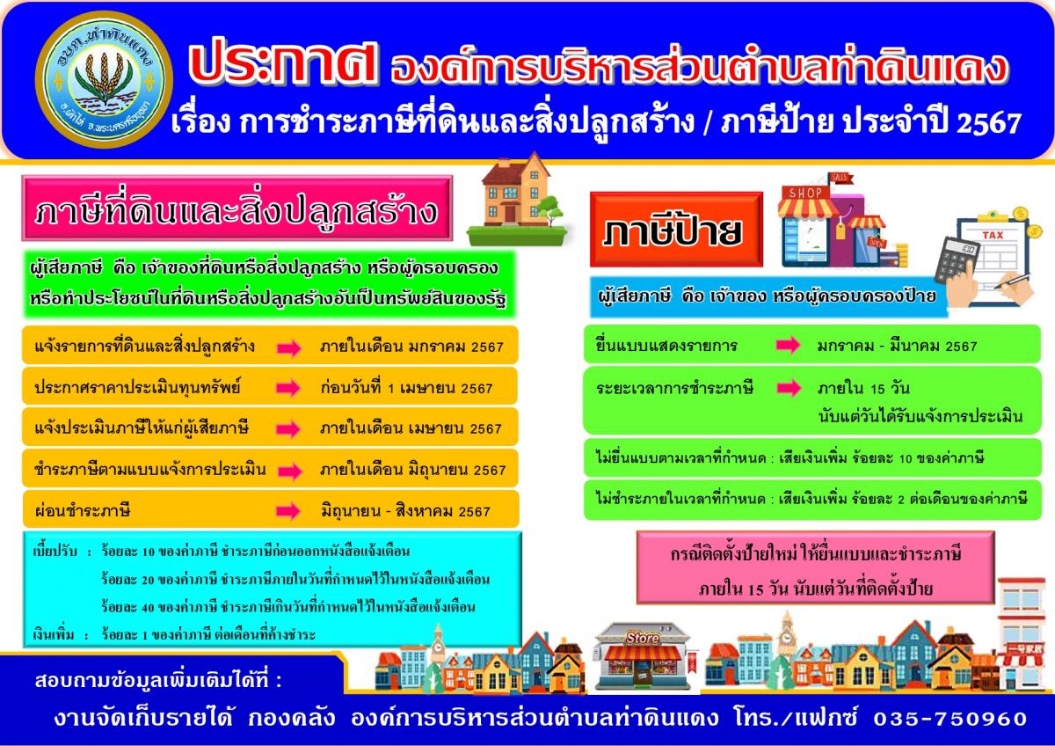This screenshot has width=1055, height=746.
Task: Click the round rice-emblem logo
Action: [x=104, y=79]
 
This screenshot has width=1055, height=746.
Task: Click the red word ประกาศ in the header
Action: [x=283, y=65]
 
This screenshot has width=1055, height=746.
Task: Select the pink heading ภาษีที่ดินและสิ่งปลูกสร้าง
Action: [x=236, y=208]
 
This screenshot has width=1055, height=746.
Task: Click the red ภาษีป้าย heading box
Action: [x=676, y=230]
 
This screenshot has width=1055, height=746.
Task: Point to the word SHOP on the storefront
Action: [x=805, y=193]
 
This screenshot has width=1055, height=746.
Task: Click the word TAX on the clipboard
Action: [x=993, y=235]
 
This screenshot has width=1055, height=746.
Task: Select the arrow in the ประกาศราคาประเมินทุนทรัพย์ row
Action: [x=288, y=388]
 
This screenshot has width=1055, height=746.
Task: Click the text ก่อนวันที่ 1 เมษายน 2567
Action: [x=406, y=388]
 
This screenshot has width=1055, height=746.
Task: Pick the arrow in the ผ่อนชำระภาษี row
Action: [x=288, y=511]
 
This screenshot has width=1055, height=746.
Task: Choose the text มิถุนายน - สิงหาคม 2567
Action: [x=405, y=511]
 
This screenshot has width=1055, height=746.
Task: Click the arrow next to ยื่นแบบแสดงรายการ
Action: [x=788, y=345]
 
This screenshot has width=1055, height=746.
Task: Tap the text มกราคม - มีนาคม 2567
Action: [x=898, y=347]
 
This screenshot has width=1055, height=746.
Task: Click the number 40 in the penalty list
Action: [x=148, y=608]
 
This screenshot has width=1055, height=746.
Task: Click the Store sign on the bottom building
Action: [x=642, y=638]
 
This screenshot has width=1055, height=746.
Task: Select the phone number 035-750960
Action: [x=950, y=719]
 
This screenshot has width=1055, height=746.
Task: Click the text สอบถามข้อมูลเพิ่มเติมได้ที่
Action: [x=158, y=680]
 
